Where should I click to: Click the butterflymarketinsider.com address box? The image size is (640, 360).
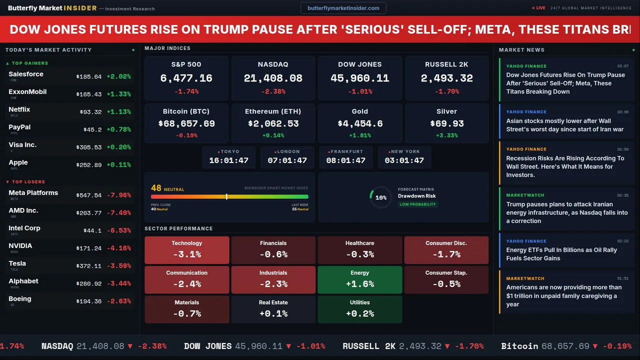point(343,8)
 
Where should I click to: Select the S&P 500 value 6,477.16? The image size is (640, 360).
point(186,78)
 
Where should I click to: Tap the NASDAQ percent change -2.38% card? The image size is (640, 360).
point(273,91)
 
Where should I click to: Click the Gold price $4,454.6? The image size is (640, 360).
point(359,123)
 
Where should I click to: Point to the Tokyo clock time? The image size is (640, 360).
point(228,160)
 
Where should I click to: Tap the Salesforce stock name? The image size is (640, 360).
point(26,74)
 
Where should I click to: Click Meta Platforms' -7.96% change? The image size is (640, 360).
point(119,195)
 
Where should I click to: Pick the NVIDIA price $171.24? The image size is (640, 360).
point(89,248)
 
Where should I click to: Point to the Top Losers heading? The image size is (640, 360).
point(28,182)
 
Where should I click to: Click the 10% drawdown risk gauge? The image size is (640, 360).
point(380,197)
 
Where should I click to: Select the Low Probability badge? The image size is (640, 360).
point(417,204)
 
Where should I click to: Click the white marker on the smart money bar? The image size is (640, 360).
point(226,196)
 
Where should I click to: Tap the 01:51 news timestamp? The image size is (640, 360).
point(622,278)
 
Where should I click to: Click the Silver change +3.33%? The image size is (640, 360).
point(446,135)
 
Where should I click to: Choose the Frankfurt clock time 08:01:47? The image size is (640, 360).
point(345,160)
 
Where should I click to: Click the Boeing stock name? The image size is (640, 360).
point(20,298)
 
